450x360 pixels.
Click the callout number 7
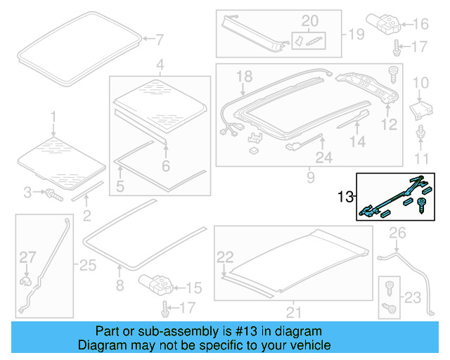coord(159,39)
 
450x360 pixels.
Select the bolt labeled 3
coord(51,192)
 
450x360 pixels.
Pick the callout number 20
coord(309,20)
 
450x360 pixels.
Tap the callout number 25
coord(86,265)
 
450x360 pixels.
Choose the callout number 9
coord(310,178)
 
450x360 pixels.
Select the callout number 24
coord(323,159)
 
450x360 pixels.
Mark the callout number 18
coord(243,76)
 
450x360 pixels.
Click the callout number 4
coord(160,66)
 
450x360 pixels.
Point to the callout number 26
coord(397,233)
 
